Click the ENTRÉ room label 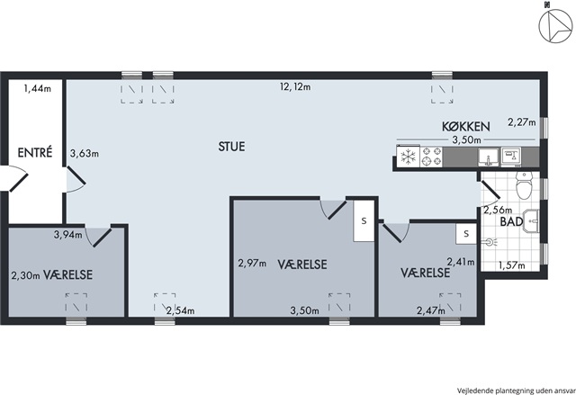coord(35,152)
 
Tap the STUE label coord(231,147)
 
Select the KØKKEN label coord(466,126)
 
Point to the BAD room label coord(511,221)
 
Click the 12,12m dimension coord(295,87)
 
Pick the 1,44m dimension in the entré coord(38,88)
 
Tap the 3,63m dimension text coord(84,154)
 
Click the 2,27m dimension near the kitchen coord(522,121)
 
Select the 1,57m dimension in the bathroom coord(511,265)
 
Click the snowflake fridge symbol coord(408,157)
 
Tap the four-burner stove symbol coord(431,157)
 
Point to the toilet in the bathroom coord(524,184)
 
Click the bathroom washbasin coord(530,221)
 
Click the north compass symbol coord(555,26)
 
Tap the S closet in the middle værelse coord(364,220)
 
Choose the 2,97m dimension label coord(252,264)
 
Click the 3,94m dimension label coord(68,234)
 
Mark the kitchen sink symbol coord(488,157)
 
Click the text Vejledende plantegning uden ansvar coord(516,390)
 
